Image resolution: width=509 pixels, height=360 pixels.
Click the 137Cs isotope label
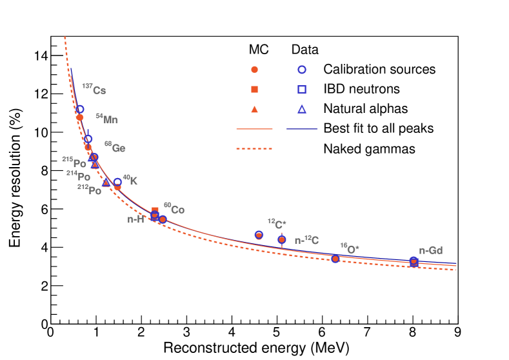pos(94,90)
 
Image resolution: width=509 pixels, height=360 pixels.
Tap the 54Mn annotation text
pos(107,119)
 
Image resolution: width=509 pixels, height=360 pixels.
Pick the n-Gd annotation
pos(431,251)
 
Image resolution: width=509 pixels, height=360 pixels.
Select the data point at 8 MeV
pos(414,261)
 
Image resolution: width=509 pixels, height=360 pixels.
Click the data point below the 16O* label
pos(335,259)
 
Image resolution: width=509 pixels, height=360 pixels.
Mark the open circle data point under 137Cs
pos(79,110)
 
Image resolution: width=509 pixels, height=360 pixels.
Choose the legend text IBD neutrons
pos(361,89)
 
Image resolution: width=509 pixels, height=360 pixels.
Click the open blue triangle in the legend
pos(301,109)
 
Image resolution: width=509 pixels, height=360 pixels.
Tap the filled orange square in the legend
pos(254,89)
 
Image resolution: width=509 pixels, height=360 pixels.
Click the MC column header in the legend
pos(258,49)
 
